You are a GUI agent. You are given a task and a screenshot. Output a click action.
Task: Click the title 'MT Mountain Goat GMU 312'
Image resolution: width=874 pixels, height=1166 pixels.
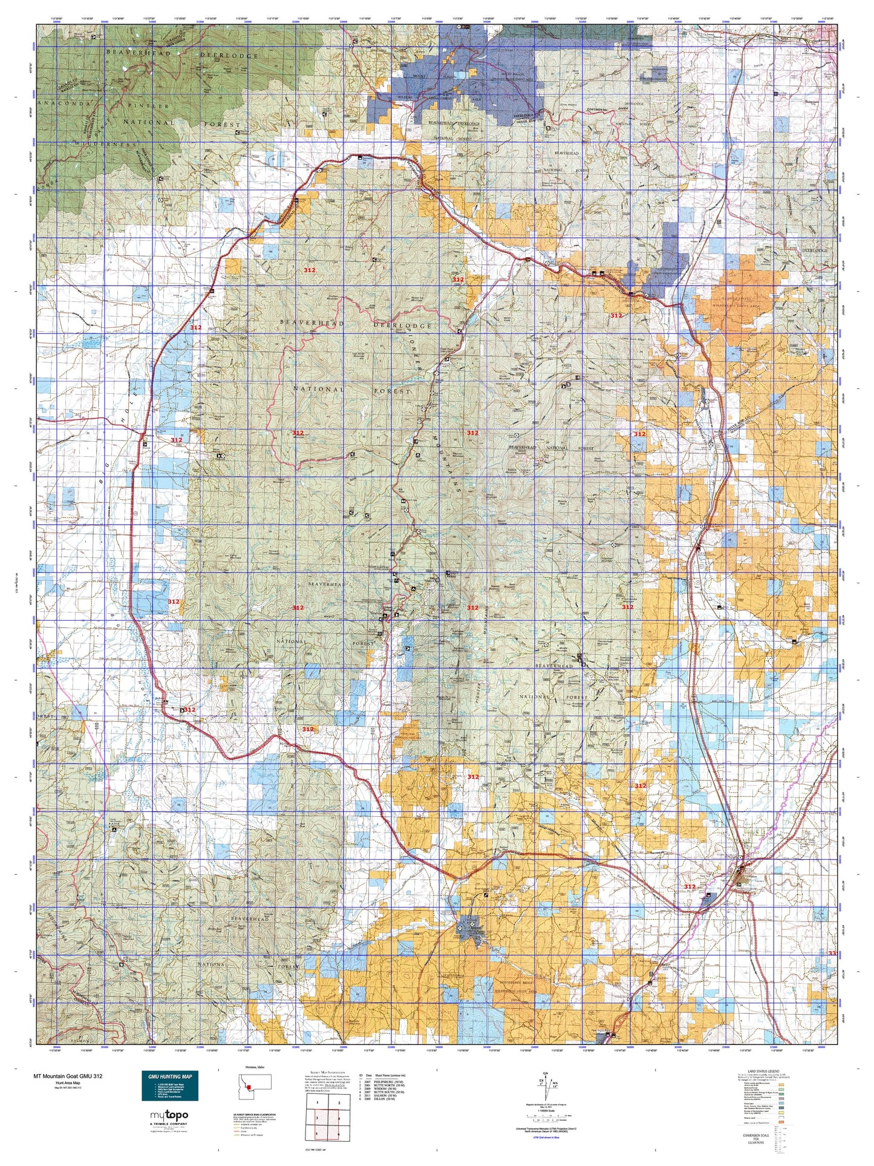coord(68,1076)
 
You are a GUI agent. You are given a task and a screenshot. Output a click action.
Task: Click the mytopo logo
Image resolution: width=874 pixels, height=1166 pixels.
coord(169,1116)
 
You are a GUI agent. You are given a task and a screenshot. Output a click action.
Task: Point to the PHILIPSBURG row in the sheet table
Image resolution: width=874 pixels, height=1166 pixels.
coord(387,1081)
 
